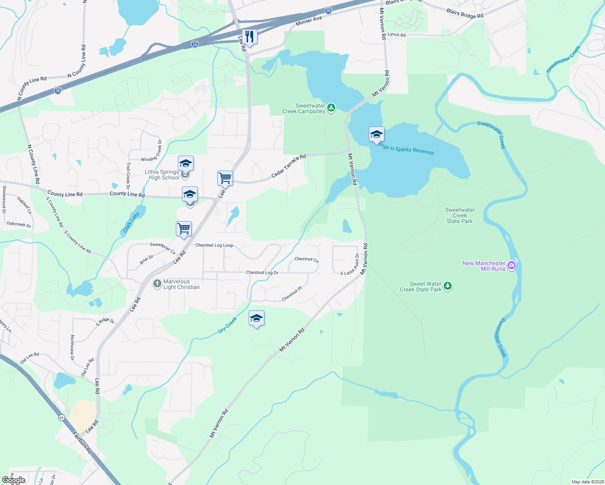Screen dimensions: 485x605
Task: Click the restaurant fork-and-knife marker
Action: (x=250, y=37)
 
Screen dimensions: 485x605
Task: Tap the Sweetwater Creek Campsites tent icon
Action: (x=331, y=108)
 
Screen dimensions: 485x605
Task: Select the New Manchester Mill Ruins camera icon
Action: (x=512, y=266)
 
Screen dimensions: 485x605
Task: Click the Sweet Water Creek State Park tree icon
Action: (x=447, y=286)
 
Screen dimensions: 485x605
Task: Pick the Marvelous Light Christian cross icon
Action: (x=157, y=284)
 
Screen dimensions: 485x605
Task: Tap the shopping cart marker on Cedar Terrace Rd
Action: (x=225, y=178)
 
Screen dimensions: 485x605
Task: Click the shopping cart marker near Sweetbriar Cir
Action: (x=184, y=229)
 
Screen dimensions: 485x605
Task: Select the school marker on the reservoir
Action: (x=377, y=134)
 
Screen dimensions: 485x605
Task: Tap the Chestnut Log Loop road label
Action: (x=214, y=245)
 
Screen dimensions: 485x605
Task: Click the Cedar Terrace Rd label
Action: (x=288, y=166)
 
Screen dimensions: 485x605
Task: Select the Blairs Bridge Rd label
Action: (x=465, y=14)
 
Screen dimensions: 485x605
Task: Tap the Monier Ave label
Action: (x=309, y=21)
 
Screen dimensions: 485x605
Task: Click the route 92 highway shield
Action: (x=61, y=418)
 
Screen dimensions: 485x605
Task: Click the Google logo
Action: (x=14, y=480)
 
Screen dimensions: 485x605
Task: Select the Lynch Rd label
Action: (x=396, y=35)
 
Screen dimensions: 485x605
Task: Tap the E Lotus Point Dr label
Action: (x=350, y=265)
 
